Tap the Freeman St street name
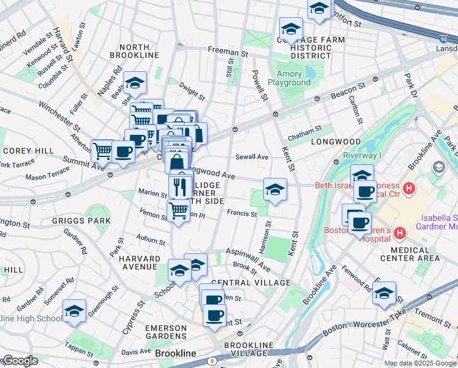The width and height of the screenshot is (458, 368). tap(227, 52)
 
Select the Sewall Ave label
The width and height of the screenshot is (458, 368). tap(252, 157)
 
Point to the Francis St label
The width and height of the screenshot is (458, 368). tap(241, 213)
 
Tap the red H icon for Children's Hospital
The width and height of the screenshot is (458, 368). tap(400, 232)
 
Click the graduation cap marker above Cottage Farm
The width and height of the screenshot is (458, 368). tap(291, 28)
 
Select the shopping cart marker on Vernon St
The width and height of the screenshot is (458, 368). tap(178, 210)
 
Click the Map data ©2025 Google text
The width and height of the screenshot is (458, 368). tap(420, 363)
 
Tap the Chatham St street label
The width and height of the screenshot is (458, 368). tap(304, 130)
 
